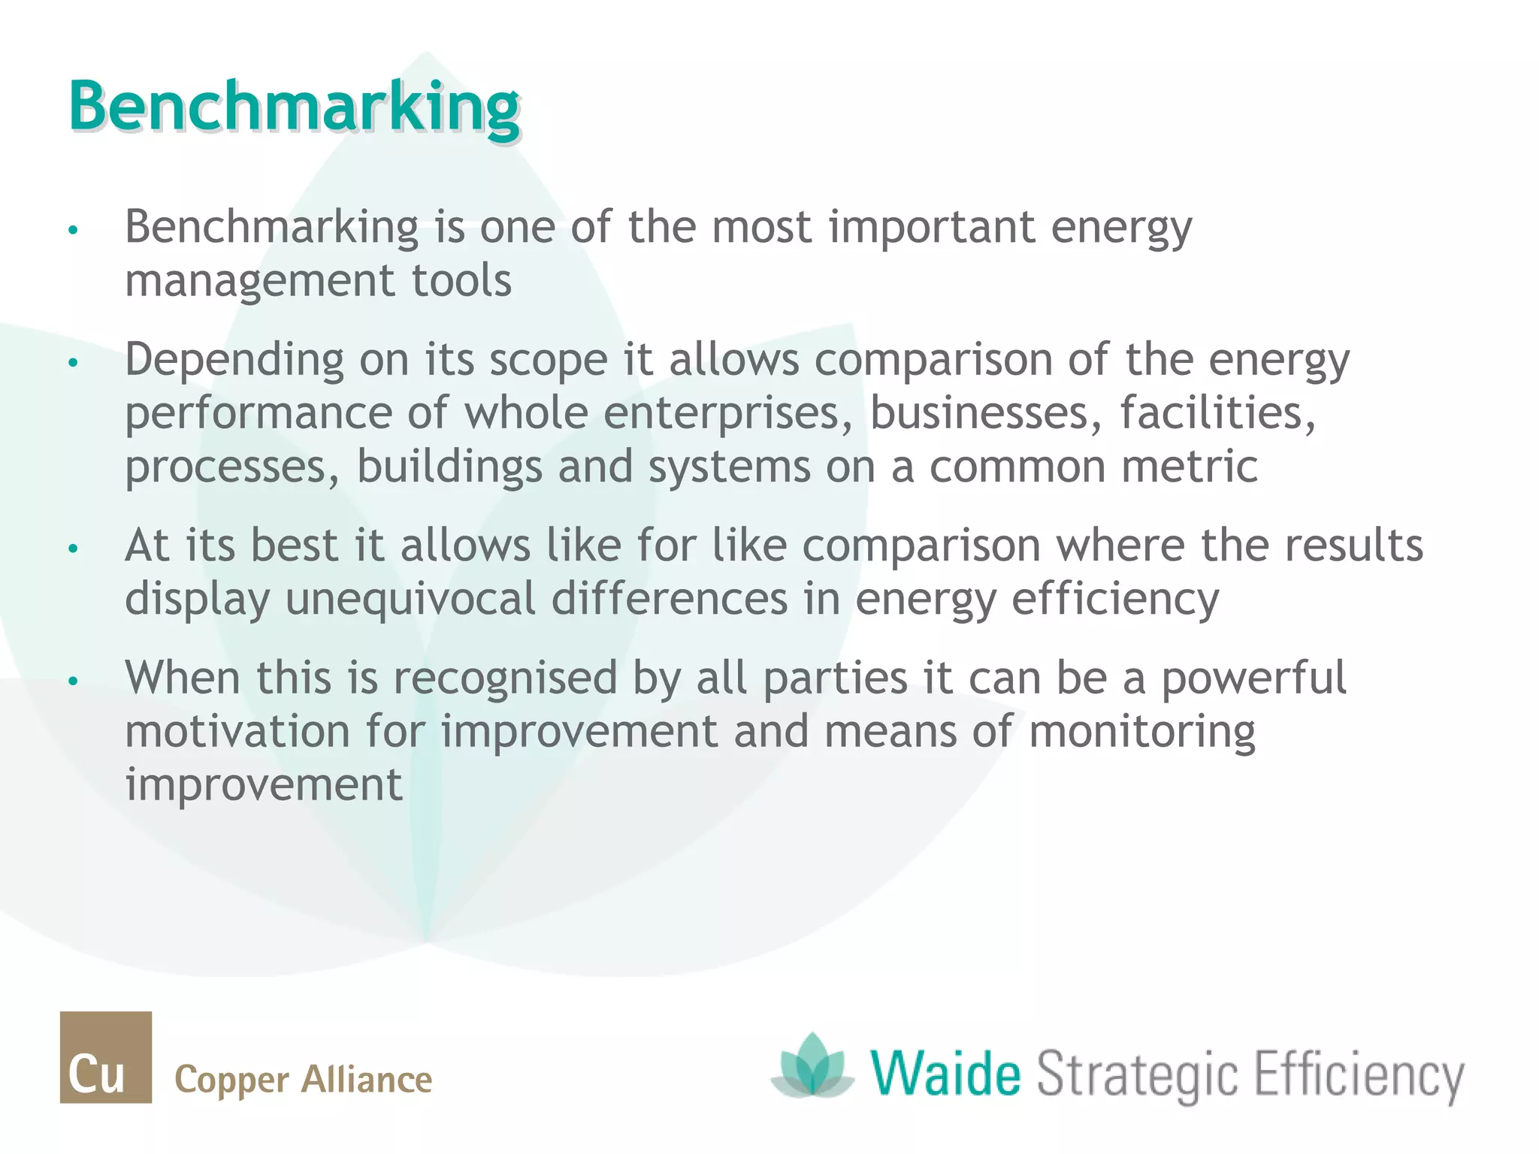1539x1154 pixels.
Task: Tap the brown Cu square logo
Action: [x=106, y=1057]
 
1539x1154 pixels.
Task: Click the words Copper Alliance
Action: [x=303, y=1080]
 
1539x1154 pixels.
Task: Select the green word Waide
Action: [x=946, y=1074]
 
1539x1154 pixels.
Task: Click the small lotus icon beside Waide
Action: [x=812, y=1065]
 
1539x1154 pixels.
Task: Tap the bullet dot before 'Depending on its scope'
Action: [x=73, y=363]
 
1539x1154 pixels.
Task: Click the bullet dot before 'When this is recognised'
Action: [x=73, y=681]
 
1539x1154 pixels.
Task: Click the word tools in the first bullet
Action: [x=461, y=280]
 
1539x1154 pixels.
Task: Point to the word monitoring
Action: [x=1141, y=732]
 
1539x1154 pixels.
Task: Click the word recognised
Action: [x=505, y=678]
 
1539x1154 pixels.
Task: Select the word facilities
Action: [x=1218, y=413]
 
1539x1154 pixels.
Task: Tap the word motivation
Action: [x=237, y=732]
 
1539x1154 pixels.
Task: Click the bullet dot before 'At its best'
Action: [x=73, y=548]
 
